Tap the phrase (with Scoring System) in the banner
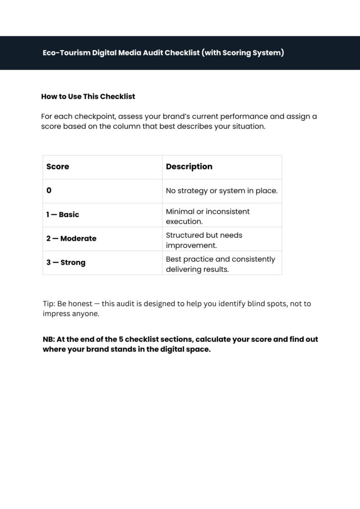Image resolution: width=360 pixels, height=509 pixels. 243,53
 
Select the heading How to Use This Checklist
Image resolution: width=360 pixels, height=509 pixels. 88,96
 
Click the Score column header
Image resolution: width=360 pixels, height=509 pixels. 58,167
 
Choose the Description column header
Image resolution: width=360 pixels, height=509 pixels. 189,167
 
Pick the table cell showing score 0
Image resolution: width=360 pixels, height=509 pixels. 49,190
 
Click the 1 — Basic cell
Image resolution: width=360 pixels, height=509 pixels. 63,215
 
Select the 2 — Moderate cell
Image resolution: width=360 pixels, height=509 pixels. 71,239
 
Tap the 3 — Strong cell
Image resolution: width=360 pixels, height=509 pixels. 66,262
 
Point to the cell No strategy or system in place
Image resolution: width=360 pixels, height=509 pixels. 221,191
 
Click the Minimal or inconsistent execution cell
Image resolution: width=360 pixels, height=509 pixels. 208,216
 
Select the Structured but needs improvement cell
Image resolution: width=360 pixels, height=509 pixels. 204,240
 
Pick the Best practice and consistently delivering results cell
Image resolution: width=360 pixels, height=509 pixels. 220,264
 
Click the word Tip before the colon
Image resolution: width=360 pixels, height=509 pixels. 48,304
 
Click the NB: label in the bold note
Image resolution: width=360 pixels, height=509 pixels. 49,339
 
